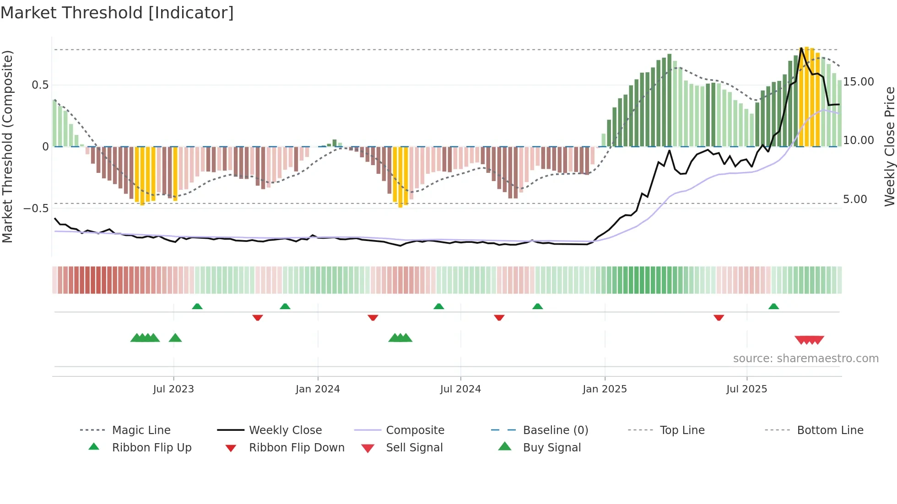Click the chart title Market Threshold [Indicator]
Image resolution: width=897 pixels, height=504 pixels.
[x=117, y=13]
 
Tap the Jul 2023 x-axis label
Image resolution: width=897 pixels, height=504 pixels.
[x=173, y=389]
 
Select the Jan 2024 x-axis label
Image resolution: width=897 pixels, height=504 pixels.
[x=318, y=389]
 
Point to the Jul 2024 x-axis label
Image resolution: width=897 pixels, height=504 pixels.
[x=460, y=389]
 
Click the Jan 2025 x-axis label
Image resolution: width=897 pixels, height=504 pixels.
[x=605, y=389]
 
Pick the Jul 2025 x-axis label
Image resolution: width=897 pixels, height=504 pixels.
[x=746, y=389]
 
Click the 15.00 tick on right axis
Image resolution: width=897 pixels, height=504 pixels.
[x=859, y=82]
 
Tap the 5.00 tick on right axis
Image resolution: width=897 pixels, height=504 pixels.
[x=855, y=199]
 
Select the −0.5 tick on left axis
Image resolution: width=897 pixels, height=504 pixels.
[x=36, y=209]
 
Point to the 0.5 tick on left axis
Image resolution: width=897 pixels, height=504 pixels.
[x=40, y=85]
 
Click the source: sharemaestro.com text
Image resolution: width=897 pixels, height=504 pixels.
[x=805, y=359]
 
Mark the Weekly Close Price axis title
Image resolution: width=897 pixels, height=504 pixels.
[x=889, y=146]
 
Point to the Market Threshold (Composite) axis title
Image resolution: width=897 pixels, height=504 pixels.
[x=7, y=146]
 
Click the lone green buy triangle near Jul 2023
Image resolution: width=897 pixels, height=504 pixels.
[x=175, y=338]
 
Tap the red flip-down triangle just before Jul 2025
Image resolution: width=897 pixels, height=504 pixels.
[x=719, y=317]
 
